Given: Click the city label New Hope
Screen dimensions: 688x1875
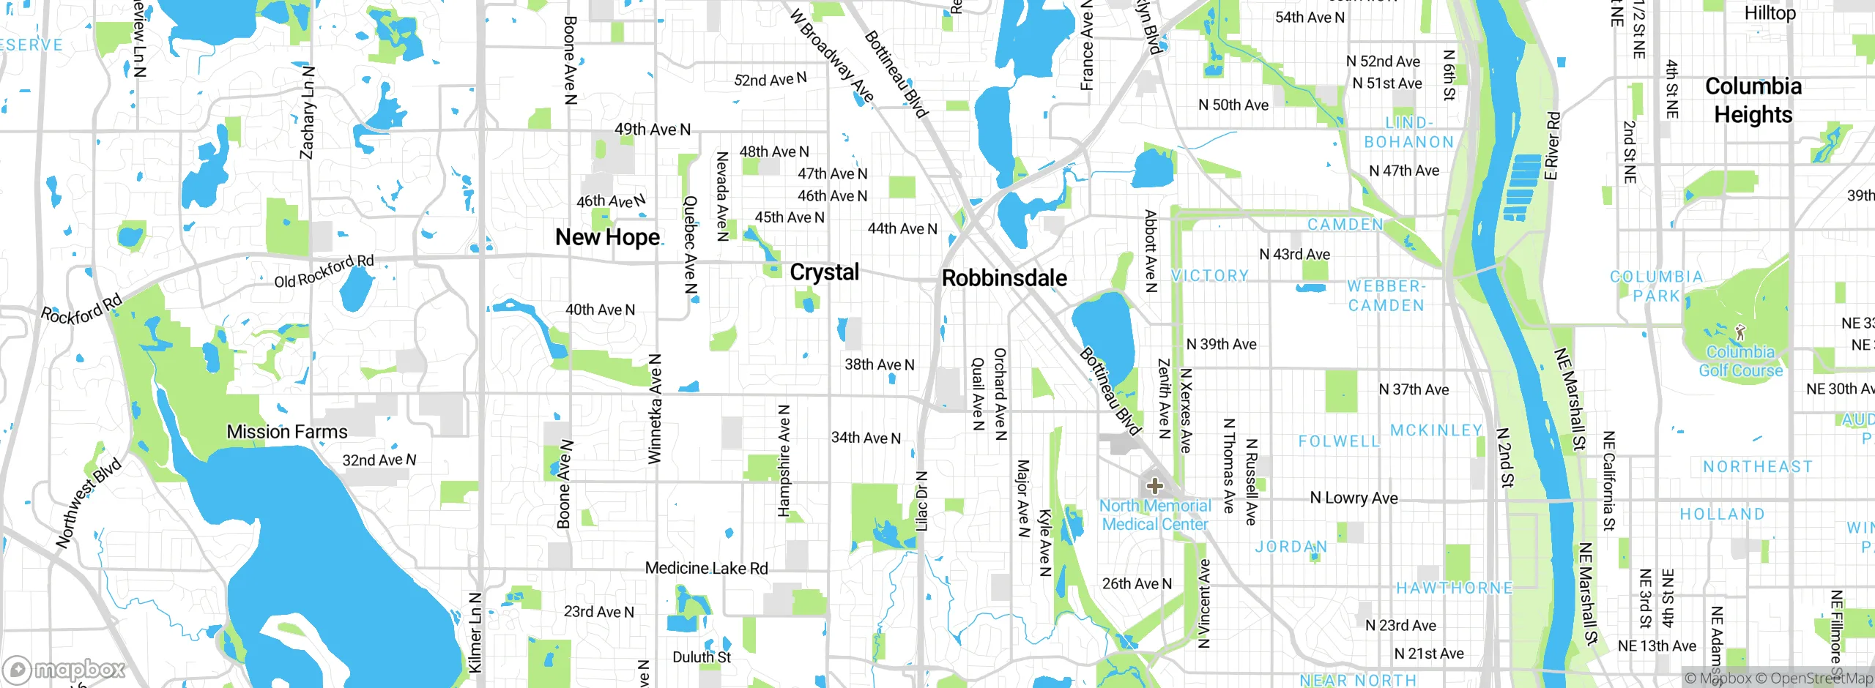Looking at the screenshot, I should pyautogui.click(x=608, y=237).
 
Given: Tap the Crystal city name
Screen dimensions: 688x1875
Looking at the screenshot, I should pyautogui.click(x=824, y=272).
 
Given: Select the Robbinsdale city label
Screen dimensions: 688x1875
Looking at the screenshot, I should pyautogui.click(x=1004, y=278).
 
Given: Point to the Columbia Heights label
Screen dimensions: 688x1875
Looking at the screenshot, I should pyautogui.click(x=1753, y=100).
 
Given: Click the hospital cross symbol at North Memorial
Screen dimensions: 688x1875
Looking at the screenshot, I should pyautogui.click(x=1154, y=485).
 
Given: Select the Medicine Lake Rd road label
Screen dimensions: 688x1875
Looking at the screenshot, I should pyautogui.click(x=706, y=568).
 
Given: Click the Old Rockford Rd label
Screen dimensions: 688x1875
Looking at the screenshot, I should pyautogui.click(x=324, y=271).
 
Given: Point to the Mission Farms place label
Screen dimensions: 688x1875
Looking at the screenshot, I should pyautogui.click(x=287, y=432).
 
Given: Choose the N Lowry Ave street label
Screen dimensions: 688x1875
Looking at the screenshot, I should pyautogui.click(x=1354, y=498).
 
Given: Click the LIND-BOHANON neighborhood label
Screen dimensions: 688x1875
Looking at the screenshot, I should pyautogui.click(x=1408, y=132).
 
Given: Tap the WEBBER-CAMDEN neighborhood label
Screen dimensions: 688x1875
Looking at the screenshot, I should pyautogui.click(x=1386, y=296).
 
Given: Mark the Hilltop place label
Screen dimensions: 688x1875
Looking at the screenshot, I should pyautogui.click(x=1770, y=13).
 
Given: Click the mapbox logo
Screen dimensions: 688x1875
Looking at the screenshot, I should pyautogui.click(x=64, y=670).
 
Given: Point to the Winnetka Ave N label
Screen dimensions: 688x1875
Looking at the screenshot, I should pyautogui.click(x=655, y=409).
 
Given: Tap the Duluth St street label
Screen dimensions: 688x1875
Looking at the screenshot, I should pyautogui.click(x=702, y=657).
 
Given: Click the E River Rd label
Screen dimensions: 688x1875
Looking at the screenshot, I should pyautogui.click(x=1552, y=146).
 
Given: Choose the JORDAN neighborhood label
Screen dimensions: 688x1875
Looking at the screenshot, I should pyautogui.click(x=1291, y=547).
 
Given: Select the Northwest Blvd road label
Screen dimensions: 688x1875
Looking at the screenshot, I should pyautogui.click(x=89, y=504).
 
